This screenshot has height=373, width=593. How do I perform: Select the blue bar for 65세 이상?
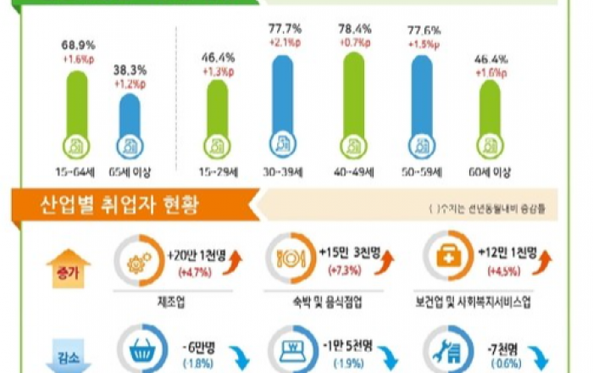[x=130, y=124]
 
